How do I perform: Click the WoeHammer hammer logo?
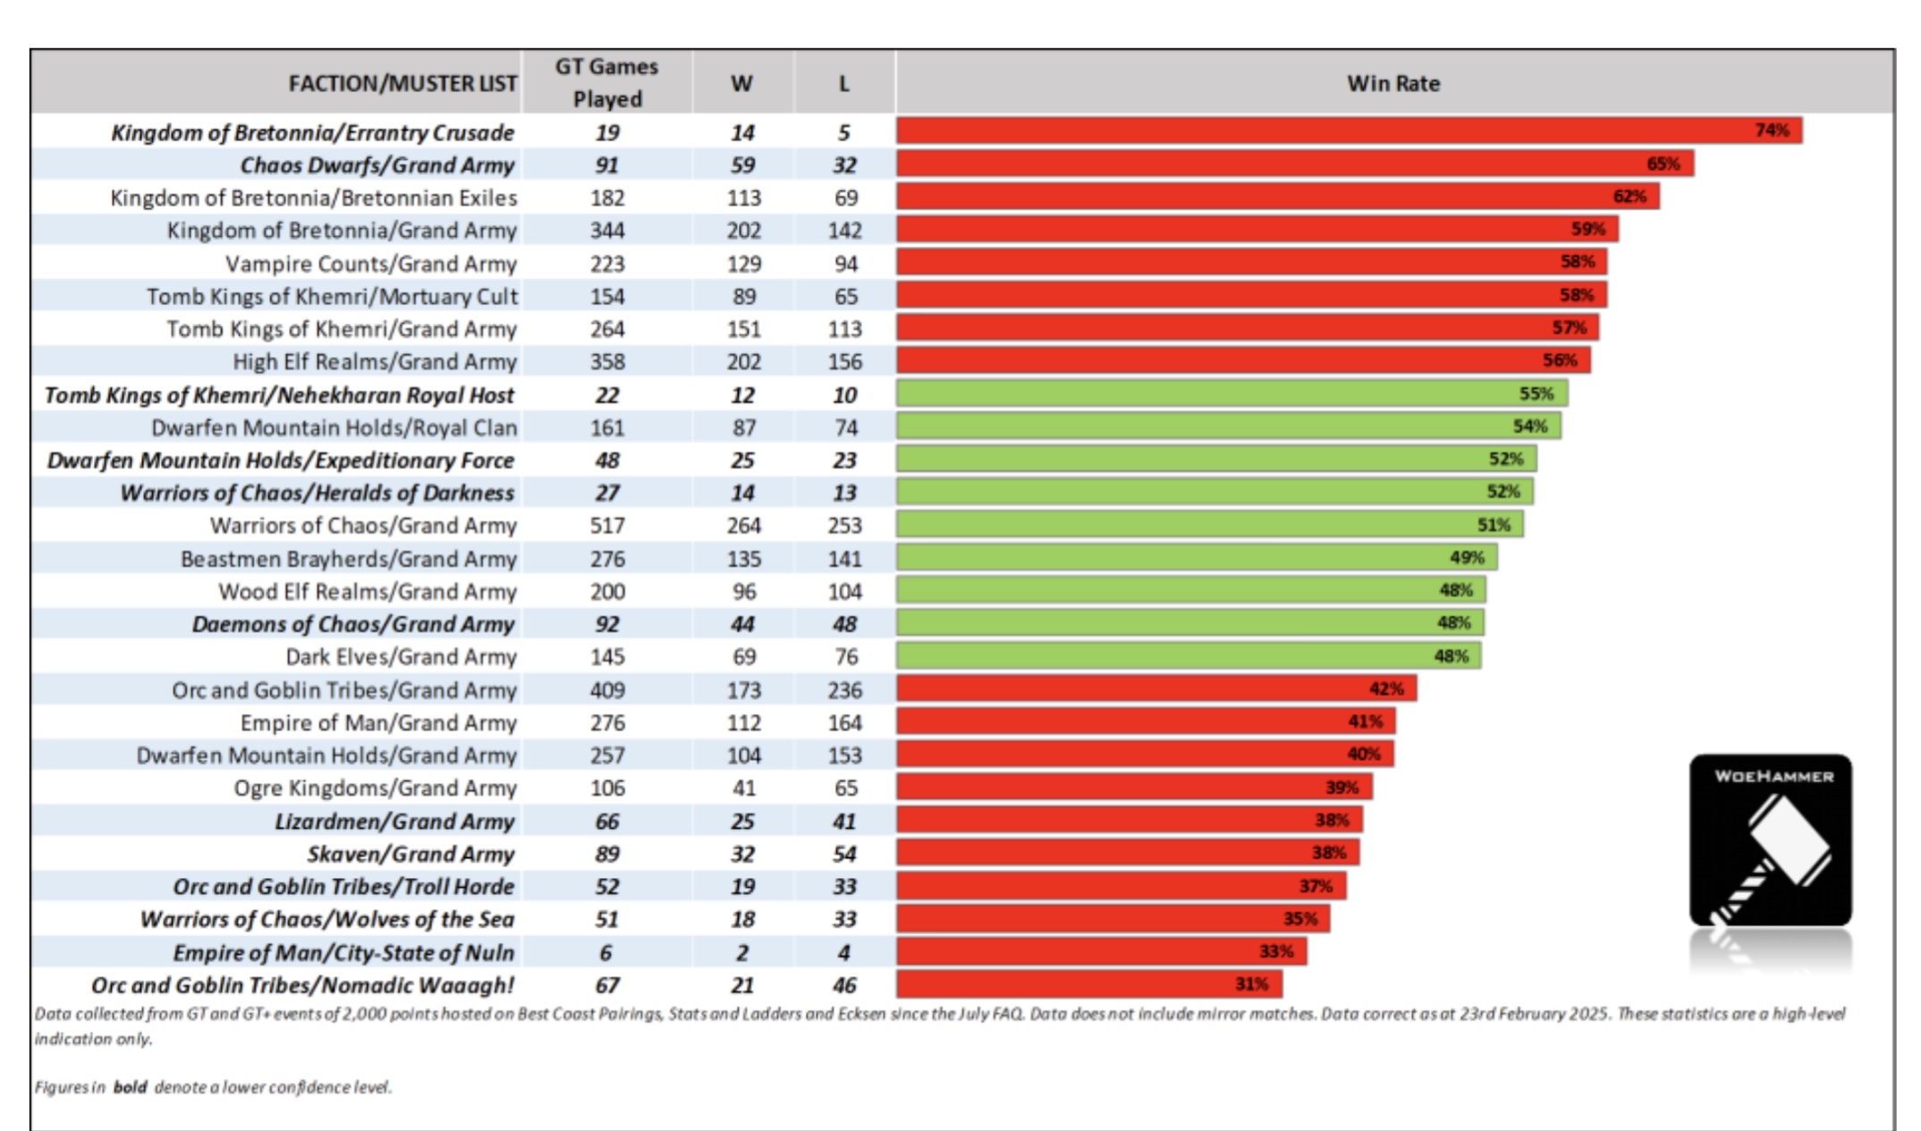point(1770,840)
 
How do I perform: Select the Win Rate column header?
point(1392,83)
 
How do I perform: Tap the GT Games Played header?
point(607,82)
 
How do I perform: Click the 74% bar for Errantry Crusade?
point(1350,131)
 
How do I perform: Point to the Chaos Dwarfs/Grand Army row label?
point(377,165)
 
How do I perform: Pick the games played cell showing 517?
point(607,525)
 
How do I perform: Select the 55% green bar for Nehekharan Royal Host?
point(1232,393)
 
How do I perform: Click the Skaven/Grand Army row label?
point(411,854)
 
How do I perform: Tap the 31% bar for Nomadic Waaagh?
point(1089,983)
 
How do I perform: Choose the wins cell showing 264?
point(743,525)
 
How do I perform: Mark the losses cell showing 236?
point(844,689)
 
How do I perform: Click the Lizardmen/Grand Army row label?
point(394,821)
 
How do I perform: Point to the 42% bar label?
point(1386,688)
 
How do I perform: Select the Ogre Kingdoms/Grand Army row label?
point(376,788)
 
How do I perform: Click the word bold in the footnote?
point(130,1087)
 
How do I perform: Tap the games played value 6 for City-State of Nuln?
point(607,952)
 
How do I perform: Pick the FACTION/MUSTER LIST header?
point(402,83)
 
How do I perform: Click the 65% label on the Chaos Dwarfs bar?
point(1663,164)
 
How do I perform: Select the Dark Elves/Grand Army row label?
point(402,656)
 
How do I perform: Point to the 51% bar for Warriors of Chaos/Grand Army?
point(1210,524)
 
